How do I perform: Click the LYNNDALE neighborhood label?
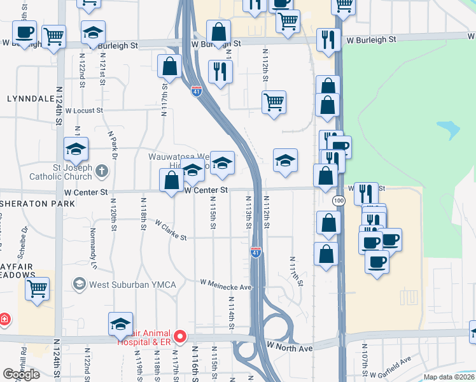pos(30,99)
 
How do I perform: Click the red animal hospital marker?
pos(179,336)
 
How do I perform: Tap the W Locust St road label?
pos(83,111)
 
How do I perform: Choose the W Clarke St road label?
pos(171,231)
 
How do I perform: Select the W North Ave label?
pos(290,347)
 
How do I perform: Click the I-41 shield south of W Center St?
pos(256,252)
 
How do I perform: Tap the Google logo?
pos(22,374)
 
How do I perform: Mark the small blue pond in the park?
pos(449,130)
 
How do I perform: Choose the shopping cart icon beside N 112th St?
pos(274,102)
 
